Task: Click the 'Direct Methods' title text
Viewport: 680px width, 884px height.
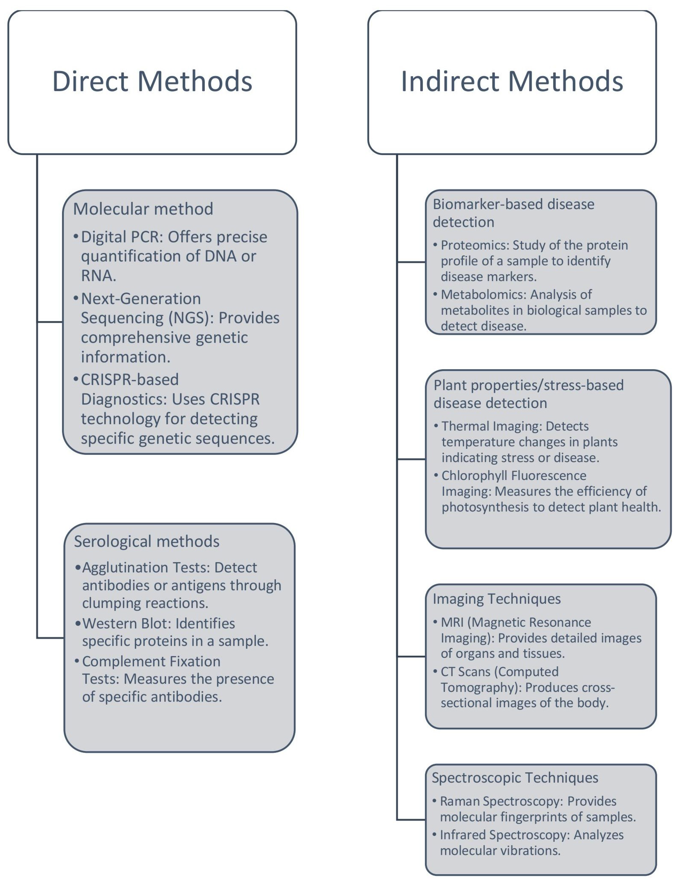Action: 152,81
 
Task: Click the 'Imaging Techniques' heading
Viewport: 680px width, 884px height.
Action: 497,599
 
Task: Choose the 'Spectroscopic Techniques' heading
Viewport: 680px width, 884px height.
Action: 515,778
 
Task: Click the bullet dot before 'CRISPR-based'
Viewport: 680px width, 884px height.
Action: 76,379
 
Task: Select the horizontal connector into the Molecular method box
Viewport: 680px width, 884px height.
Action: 50,322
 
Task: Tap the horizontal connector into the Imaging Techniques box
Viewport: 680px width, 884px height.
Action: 411,656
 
